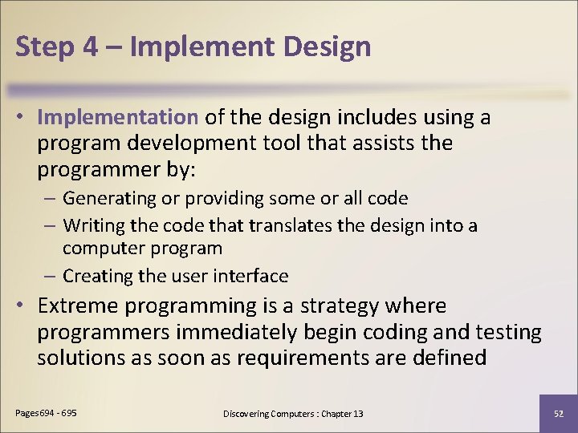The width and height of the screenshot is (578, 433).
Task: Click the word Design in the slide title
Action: [327, 47]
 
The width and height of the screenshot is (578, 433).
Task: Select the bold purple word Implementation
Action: [117, 117]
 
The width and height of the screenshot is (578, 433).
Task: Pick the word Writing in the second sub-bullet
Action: [92, 226]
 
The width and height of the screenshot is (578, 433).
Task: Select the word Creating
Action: [95, 276]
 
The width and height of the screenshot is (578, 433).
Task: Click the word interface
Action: [252, 276]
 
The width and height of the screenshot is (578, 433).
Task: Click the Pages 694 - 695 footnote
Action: [47, 412]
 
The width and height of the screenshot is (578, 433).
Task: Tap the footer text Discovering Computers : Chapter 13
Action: [293, 413]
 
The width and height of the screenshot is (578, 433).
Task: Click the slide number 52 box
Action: [558, 413]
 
